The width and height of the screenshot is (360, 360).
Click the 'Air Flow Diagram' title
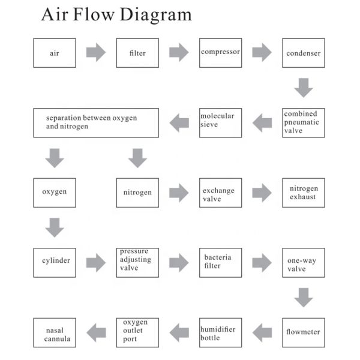(116, 15)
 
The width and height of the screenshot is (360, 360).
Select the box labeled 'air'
(55, 53)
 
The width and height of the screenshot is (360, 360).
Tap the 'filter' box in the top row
(137, 53)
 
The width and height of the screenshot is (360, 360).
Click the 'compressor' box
(221, 53)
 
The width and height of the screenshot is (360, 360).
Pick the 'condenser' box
(304, 53)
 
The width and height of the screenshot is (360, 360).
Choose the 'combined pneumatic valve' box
(304, 122)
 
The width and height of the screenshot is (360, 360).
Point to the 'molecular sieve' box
(221, 122)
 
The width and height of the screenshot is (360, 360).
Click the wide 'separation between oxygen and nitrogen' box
(96, 122)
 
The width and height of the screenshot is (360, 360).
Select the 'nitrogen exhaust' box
(304, 193)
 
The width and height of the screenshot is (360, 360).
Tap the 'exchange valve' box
(221, 193)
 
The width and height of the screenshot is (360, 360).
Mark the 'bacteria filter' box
(221, 262)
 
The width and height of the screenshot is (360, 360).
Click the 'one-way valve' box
(304, 262)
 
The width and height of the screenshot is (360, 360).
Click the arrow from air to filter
(96, 53)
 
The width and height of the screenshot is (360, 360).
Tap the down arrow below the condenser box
(304, 88)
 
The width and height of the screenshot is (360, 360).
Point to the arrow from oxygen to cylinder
(55, 227)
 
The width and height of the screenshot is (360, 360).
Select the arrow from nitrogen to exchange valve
(179, 193)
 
